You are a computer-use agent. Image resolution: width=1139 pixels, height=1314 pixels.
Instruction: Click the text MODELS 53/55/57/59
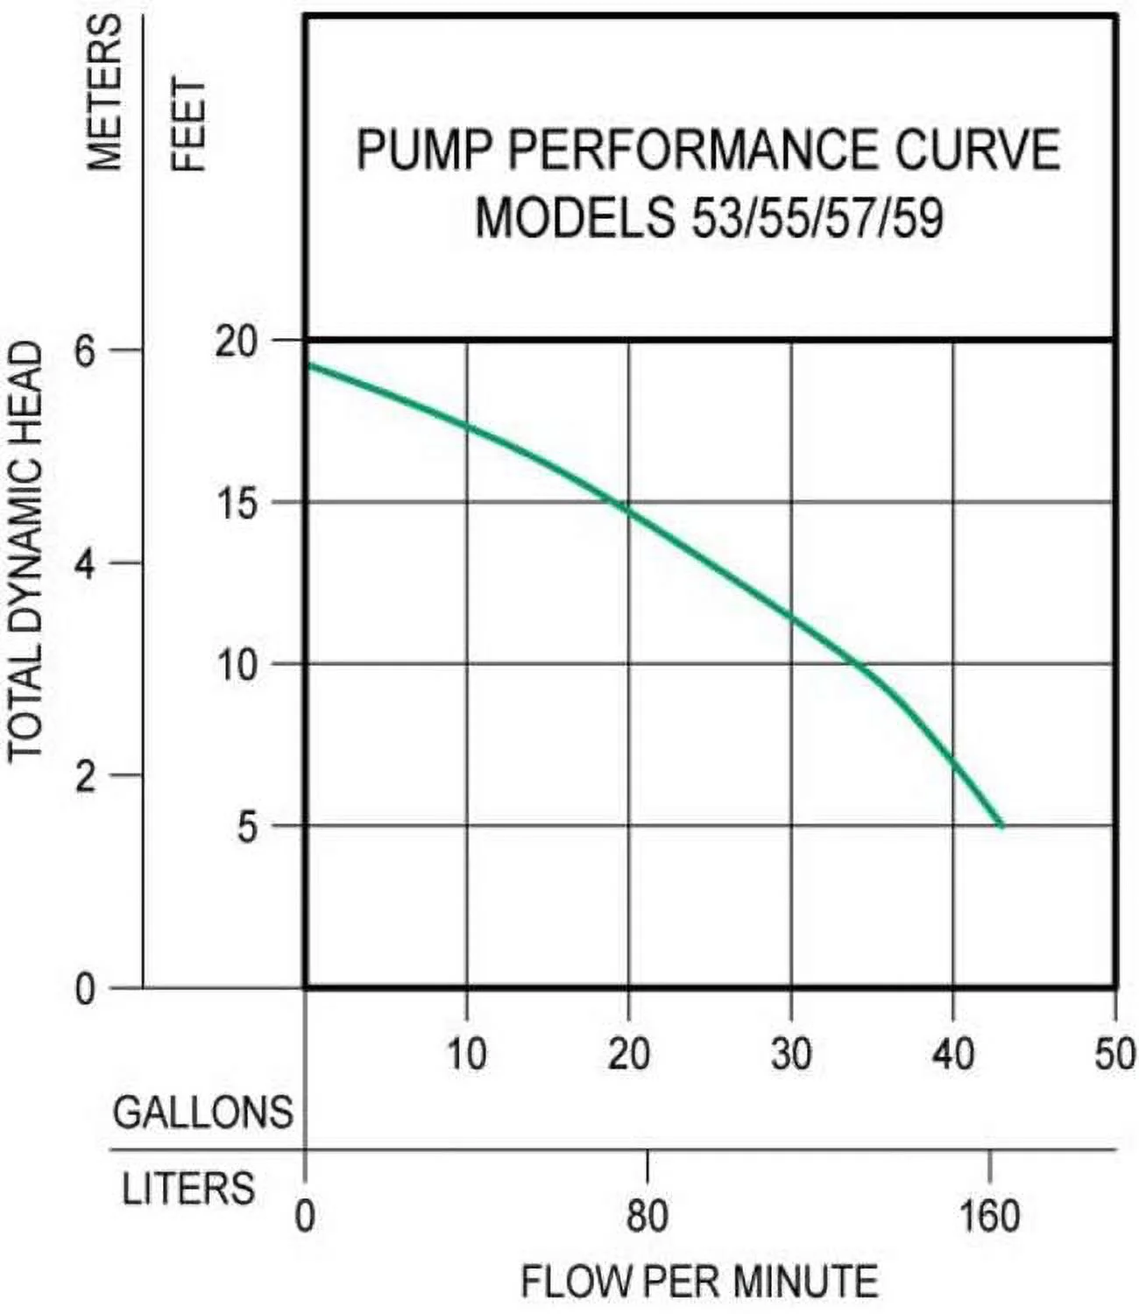pyautogui.click(x=709, y=217)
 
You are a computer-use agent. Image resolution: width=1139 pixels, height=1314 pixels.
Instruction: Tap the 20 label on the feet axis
pyautogui.click(x=236, y=342)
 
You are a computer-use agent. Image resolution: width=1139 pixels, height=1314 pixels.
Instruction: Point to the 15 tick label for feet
pyautogui.click(x=236, y=505)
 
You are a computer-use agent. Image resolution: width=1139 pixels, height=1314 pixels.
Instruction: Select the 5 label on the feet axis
pyautogui.click(x=248, y=828)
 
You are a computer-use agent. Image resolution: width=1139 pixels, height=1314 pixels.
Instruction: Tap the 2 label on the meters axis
pyautogui.click(x=84, y=777)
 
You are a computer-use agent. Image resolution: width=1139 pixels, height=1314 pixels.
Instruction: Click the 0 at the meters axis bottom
pyautogui.click(x=84, y=991)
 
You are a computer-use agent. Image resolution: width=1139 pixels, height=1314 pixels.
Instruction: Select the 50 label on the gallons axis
pyautogui.click(x=1114, y=1053)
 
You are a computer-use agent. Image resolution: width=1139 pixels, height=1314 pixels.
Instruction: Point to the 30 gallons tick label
pyautogui.click(x=791, y=1053)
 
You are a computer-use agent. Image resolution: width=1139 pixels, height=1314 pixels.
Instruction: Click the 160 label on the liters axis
pyautogui.click(x=989, y=1216)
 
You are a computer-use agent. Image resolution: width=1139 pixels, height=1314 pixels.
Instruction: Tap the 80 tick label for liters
pyautogui.click(x=647, y=1216)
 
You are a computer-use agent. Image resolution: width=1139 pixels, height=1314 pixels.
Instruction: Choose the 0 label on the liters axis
pyautogui.click(x=305, y=1216)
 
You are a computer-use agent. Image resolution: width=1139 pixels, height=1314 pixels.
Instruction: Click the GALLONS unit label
pyautogui.click(x=202, y=1113)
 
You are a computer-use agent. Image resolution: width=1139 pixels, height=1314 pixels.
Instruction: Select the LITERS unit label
pyautogui.click(x=187, y=1189)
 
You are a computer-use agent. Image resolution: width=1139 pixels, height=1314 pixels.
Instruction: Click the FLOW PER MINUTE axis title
pyautogui.click(x=699, y=1282)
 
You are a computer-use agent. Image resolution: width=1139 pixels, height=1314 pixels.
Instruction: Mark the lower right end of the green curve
pyautogui.click(x=1001, y=825)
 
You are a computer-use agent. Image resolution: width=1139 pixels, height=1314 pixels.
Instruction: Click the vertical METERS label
pyautogui.click(x=103, y=92)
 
